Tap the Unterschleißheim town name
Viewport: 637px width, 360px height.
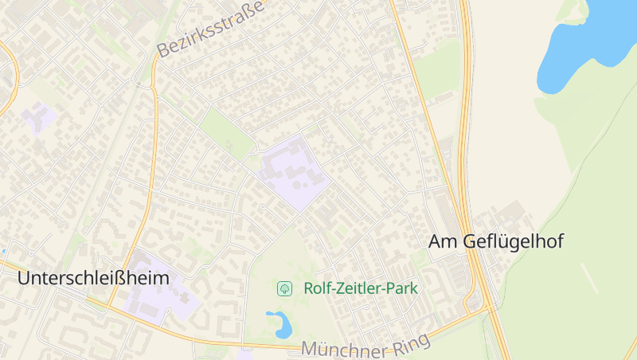point(94,278)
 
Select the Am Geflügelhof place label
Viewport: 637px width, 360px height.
point(496,241)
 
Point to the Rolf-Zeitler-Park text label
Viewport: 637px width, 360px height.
point(361,288)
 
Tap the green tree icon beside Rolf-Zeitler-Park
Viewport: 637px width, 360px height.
point(283,288)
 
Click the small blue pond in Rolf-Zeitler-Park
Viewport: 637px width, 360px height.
point(279,324)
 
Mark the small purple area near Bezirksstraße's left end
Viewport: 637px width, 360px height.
point(37,117)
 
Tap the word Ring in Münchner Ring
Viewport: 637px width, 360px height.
point(411,344)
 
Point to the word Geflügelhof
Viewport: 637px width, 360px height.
point(513,241)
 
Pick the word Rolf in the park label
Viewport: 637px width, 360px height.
point(317,288)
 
